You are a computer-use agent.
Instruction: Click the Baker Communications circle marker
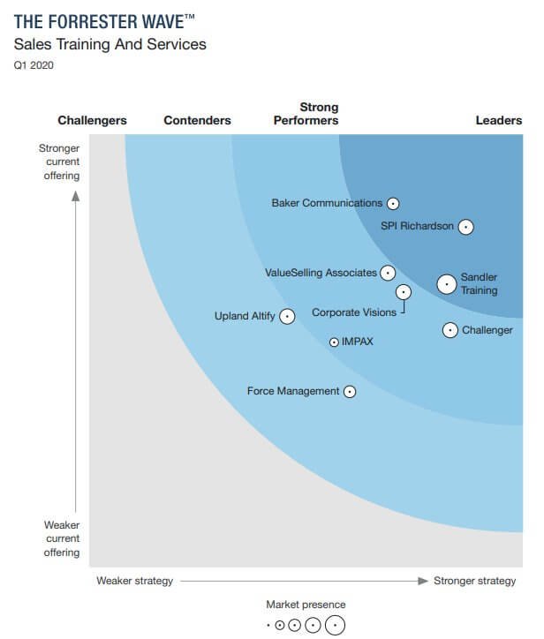coord(393,203)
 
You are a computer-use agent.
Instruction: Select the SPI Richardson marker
coord(465,227)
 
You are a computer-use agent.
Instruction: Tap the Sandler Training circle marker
coord(447,284)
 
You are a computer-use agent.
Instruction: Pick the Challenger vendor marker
coord(450,330)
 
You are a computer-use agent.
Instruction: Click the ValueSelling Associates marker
coord(388,273)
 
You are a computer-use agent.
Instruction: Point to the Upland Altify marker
coord(287,316)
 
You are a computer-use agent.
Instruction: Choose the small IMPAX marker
coord(334,342)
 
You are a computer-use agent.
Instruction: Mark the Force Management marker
coord(350,391)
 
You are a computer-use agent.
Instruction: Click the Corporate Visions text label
coord(354,312)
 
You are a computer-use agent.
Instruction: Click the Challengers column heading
coord(92,121)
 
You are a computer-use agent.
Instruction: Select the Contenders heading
coord(197,121)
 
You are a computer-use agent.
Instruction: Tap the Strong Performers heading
coord(306,114)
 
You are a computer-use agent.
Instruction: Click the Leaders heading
coord(499,121)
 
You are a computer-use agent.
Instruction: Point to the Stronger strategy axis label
coord(474,581)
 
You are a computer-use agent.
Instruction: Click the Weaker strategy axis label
coord(134,581)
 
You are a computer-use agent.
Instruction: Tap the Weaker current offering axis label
coord(62,538)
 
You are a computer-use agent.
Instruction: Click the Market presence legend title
coord(306,605)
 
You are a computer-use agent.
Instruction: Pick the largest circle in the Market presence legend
coord(335,625)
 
